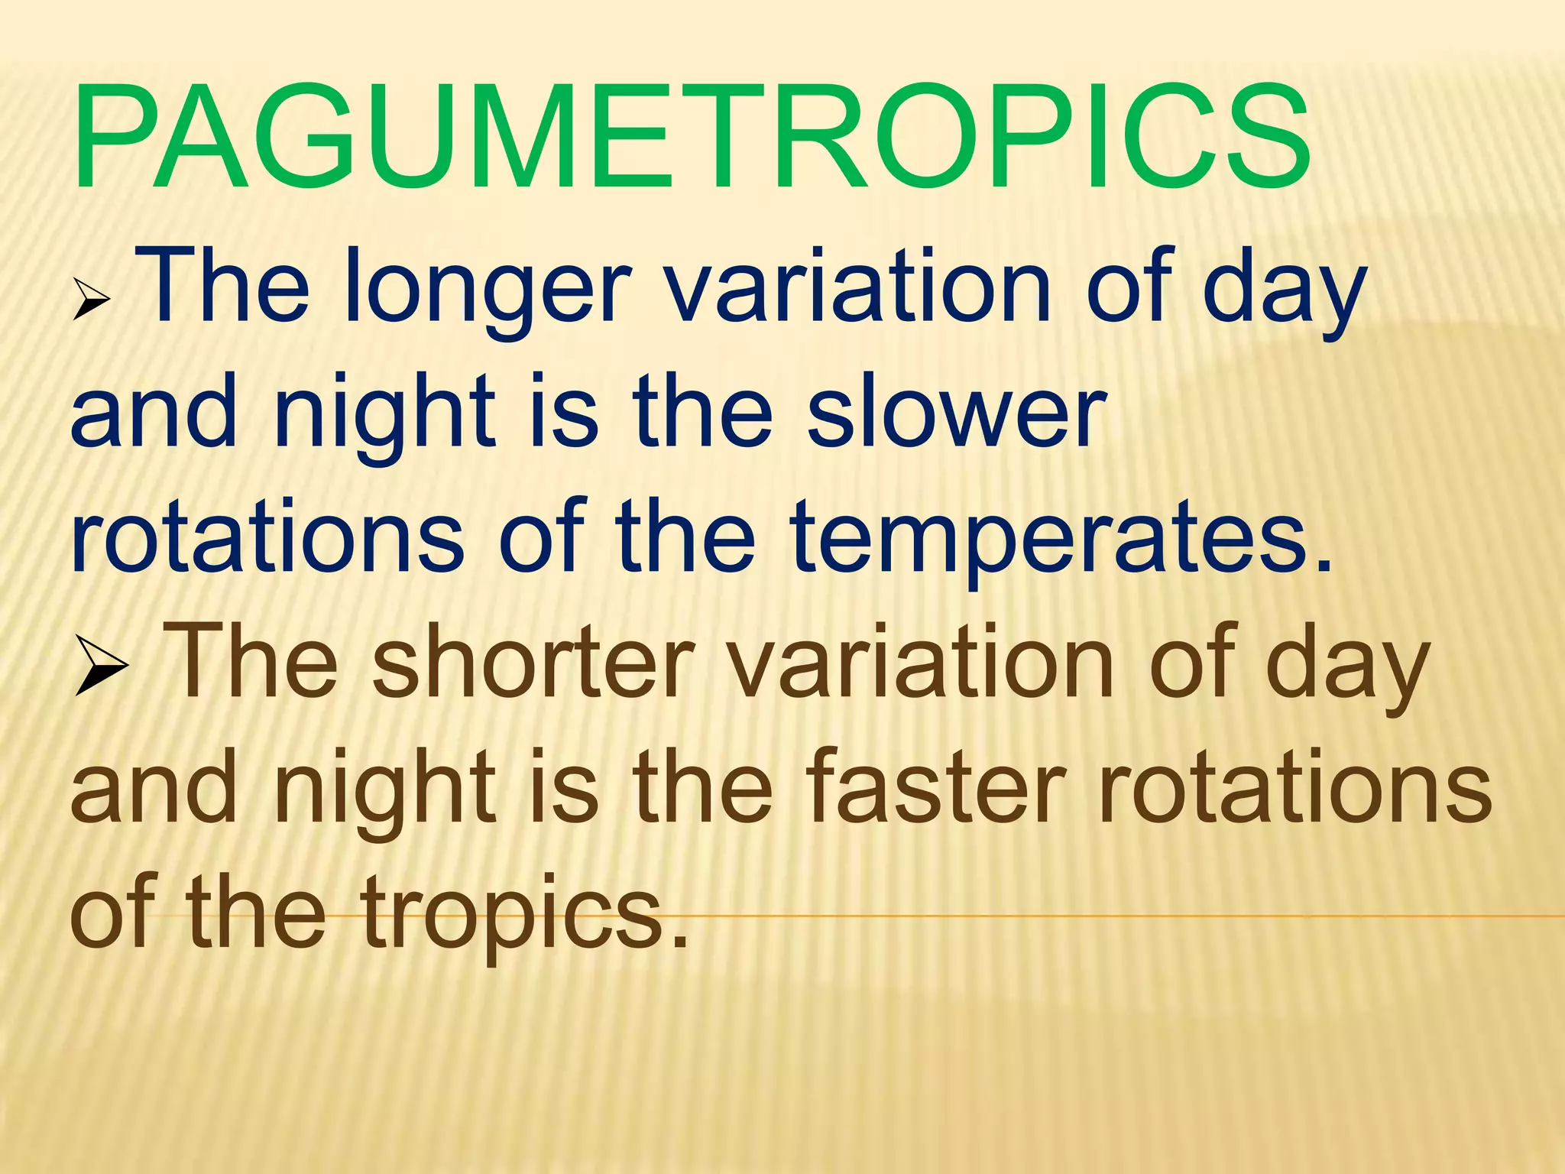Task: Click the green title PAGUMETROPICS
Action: [x=692, y=138]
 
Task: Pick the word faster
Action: [x=935, y=787]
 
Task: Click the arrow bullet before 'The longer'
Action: [x=92, y=300]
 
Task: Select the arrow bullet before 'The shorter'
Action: [x=102, y=667]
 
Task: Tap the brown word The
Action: [x=254, y=662]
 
